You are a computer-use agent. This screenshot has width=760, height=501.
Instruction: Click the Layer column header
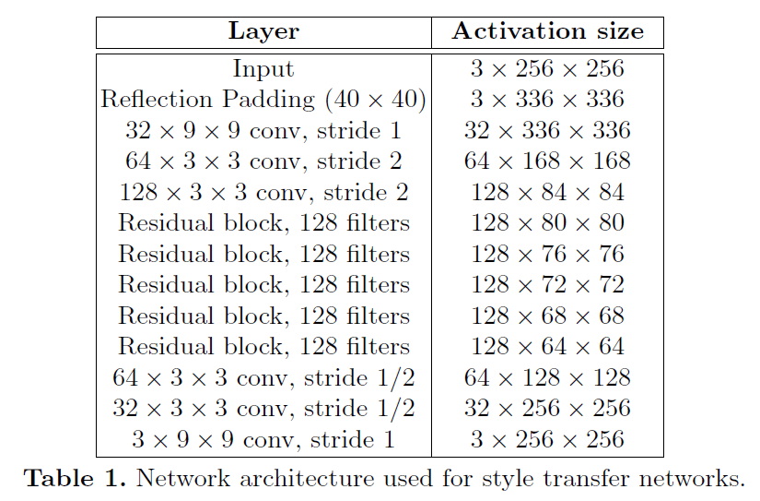263,32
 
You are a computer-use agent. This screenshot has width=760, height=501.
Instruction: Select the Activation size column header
548,31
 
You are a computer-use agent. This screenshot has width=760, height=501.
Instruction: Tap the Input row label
263,69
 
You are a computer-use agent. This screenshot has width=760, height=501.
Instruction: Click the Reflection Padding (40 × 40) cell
263,100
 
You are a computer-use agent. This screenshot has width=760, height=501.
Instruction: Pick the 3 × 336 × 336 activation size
547,99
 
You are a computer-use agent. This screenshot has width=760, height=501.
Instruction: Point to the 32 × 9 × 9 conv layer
263,131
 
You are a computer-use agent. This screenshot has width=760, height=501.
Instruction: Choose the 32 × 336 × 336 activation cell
547,130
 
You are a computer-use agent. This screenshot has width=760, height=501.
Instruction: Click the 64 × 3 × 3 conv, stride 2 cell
263,161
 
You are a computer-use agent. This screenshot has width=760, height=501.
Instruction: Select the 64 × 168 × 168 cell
547,161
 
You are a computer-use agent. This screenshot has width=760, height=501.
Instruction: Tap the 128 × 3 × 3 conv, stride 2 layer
263,192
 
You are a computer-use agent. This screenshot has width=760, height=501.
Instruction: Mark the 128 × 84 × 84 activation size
548,192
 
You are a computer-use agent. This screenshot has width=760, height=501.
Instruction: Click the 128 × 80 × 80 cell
548,223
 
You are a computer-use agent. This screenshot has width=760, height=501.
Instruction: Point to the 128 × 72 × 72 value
548,284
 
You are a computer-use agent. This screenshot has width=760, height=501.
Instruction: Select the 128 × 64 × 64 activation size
548,347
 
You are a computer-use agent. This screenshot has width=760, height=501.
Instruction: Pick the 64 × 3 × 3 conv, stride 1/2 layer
263,377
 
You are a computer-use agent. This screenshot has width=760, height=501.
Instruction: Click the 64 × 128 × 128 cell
547,377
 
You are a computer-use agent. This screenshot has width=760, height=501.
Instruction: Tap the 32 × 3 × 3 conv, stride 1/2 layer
263,409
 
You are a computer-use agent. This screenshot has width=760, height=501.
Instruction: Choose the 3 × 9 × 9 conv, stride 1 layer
263,440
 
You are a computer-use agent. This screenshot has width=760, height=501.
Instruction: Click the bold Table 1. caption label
76,478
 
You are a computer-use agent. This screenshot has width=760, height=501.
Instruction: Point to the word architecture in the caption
307,479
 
